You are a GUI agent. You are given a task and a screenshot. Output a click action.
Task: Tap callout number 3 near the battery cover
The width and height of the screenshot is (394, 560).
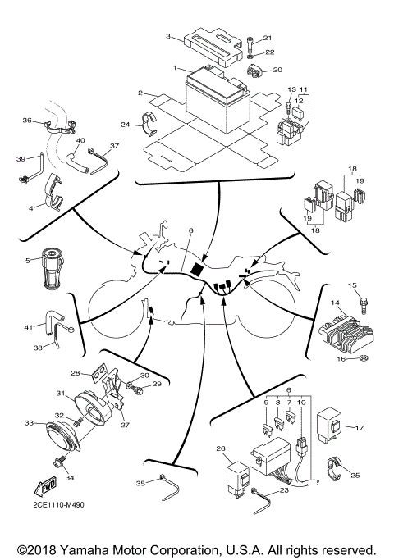coord(168,37)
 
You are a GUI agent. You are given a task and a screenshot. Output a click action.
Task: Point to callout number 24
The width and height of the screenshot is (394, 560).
coord(126,125)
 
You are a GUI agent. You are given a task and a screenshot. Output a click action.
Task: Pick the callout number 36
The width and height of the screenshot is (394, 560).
coord(26,121)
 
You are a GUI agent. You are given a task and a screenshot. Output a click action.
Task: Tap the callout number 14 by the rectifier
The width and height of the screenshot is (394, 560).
coord(336,303)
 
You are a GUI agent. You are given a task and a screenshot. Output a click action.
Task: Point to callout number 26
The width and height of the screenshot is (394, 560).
coord(221,448)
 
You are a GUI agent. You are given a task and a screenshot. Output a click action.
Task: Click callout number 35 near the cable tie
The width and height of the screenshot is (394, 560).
coord(140,484)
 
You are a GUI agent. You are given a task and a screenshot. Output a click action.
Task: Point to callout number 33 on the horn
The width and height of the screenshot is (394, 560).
coord(29,423)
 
